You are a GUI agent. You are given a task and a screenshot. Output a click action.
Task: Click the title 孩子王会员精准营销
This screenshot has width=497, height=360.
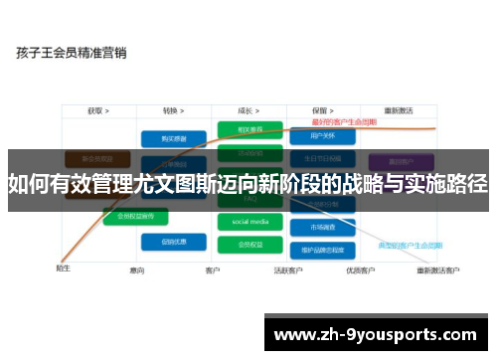(x=71, y=53)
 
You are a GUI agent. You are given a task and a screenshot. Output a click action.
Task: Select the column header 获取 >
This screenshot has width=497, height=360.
(x=97, y=111)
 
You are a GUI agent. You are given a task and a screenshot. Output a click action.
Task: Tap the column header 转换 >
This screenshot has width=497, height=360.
(x=175, y=111)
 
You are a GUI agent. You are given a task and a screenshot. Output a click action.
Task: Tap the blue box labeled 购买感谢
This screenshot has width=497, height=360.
(x=166, y=138)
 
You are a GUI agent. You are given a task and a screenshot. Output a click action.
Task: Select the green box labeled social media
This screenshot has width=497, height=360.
(x=249, y=221)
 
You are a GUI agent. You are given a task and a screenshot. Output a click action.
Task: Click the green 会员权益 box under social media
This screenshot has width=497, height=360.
(x=249, y=243)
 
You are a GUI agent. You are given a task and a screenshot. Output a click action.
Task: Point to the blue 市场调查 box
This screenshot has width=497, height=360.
(x=324, y=227)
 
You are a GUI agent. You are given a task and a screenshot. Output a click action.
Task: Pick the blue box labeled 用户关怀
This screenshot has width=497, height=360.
(x=324, y=135)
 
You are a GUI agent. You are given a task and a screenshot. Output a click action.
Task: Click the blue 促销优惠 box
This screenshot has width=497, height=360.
(x=166, y=241)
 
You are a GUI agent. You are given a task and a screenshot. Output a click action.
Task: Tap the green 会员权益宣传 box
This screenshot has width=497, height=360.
(x=135, y=215)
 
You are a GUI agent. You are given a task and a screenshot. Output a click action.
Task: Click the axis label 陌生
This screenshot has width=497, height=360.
(x=63, y=269)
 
